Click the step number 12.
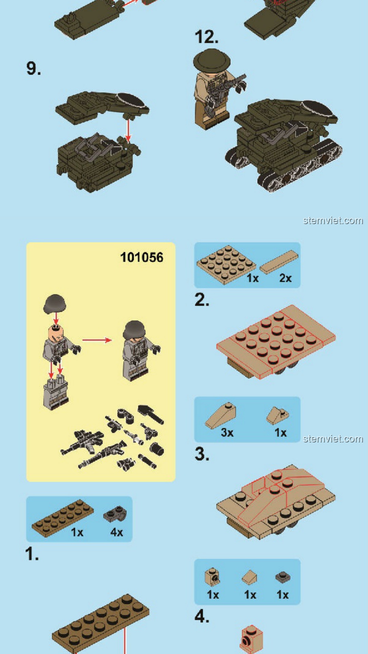(206, 37)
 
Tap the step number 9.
(34, 68)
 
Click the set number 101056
(142, 258)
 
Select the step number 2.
(202, 300)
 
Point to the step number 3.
(202, 454)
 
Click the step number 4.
(202, 616)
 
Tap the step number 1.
(32, 554)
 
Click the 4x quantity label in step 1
(117, 532)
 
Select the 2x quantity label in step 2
(286, 278)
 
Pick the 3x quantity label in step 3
(227, 433)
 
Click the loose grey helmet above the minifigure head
(55, 304)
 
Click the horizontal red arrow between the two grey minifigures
(97, 340)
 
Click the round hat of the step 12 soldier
(212, 60)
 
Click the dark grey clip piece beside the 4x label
(115, 514)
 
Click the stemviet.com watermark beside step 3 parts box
(333, 439)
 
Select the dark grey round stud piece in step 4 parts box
(283, 577)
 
